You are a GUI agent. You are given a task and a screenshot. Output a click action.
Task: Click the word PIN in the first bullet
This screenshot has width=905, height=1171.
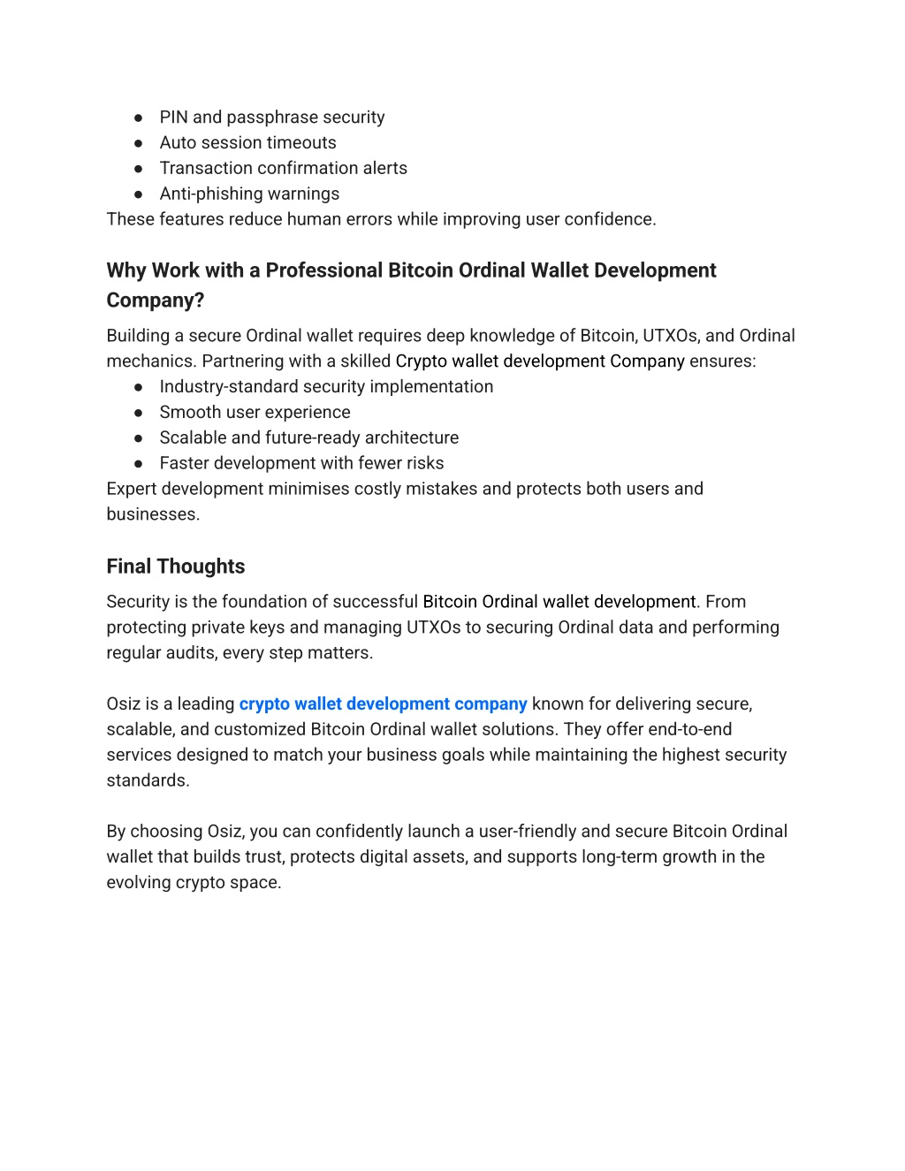point(173,118)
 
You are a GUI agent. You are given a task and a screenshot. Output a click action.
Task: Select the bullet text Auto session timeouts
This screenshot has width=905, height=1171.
point(247,143)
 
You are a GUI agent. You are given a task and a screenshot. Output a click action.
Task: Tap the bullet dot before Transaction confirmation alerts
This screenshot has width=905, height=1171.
point(139,169)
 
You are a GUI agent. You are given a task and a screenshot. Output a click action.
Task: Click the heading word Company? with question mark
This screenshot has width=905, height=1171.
point(156,300)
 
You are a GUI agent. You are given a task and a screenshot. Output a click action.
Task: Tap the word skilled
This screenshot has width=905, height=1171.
point(365,361)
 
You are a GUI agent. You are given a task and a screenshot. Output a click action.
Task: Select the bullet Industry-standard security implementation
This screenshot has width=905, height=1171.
point(326,387)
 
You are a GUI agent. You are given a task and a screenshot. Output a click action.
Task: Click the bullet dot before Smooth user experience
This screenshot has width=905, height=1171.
point(139,413)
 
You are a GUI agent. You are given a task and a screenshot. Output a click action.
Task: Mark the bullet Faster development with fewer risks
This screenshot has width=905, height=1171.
point(301,464)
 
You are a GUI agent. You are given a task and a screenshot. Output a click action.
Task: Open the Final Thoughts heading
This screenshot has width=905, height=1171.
point(176,566)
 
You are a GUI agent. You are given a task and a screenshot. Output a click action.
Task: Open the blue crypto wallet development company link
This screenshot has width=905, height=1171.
point(383,704)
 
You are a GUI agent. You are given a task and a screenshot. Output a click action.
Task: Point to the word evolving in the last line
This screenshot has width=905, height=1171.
point(139,883)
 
